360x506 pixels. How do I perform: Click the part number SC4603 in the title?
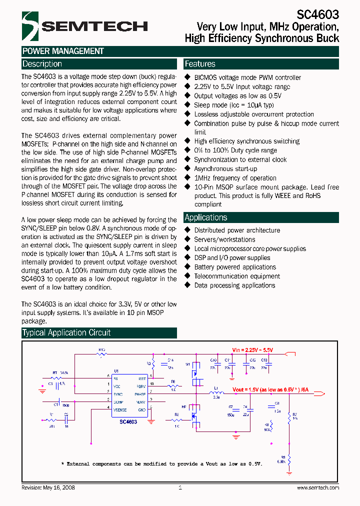click(319, 15)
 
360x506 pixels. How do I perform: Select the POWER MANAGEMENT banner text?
click(63, 51)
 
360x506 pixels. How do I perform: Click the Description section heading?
click(42, 64)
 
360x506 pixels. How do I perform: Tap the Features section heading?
click(200, 64)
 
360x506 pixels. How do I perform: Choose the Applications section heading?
click(206, 217)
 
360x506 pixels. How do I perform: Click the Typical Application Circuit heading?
click(66, 333)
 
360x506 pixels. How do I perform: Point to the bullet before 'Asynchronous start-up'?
click(188, 169)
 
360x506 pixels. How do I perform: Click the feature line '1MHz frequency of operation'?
click(235, 178)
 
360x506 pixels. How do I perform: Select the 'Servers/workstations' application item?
click(224, 239)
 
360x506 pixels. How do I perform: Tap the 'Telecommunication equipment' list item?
click(237, 276)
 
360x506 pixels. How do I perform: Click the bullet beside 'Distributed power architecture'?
click(188, 230)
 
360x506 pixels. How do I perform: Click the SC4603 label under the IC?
click(128, 421)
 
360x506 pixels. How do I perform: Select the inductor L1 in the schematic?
click(216, 393)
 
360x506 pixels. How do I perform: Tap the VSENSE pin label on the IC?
click(120, 409)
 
